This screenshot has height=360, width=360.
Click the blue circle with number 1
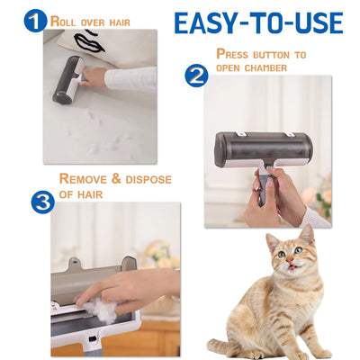point(35,20)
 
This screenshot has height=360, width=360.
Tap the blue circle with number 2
point(196,76)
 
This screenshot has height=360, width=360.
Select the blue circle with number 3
point(42,202)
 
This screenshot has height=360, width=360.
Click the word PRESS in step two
point(238,54)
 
